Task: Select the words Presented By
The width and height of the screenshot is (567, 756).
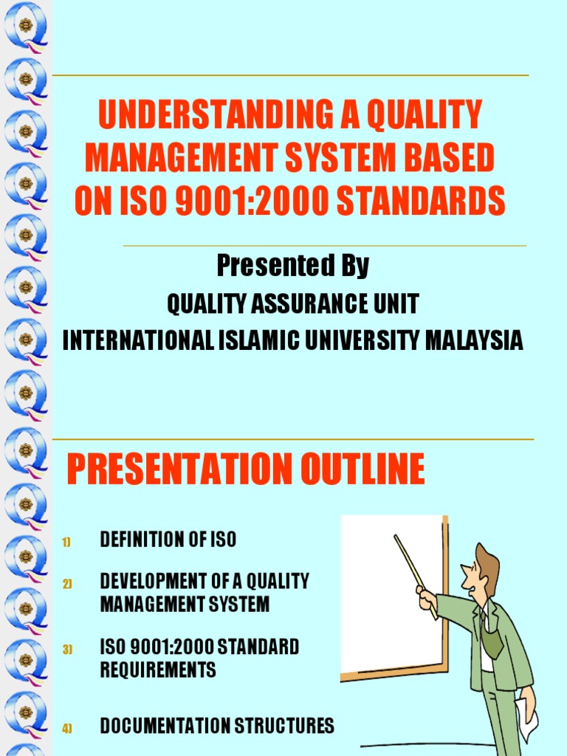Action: tap(293, 266)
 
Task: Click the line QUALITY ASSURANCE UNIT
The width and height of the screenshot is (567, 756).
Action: tap(293, 303)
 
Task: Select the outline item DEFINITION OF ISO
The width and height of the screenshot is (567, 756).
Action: tap(168, 540)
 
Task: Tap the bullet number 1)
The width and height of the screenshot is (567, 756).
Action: tap(66, 543)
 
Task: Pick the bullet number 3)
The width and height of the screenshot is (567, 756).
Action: tap(66, 650)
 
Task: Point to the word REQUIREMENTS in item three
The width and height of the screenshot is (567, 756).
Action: tap(158, 670)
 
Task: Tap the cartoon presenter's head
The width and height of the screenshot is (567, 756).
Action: tap(481, 567)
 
